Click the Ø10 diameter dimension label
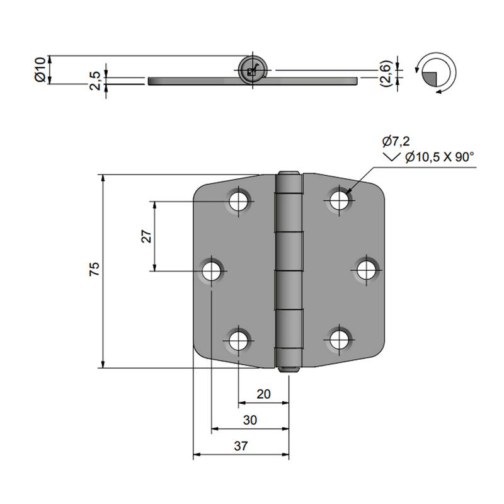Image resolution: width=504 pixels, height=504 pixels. click(x=39, y=69)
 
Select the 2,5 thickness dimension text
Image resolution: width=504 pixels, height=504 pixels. click(x=95, y=81)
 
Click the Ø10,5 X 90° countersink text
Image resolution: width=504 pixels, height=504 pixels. click(x=439, y=157)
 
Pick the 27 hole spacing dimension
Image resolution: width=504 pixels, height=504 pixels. click(x=146, y=236)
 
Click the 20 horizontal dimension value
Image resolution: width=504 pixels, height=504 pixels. click(x=264, y=394)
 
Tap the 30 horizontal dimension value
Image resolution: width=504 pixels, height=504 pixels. click(x=250, y=420)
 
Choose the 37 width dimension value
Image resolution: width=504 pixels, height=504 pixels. click(x=241, y=446)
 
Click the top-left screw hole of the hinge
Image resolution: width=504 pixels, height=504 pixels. click(x=238, y=202)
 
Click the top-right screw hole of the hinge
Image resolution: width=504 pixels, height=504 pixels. click(x=340, y=201)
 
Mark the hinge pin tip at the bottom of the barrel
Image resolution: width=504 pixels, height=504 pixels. click(x=289, y=370)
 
